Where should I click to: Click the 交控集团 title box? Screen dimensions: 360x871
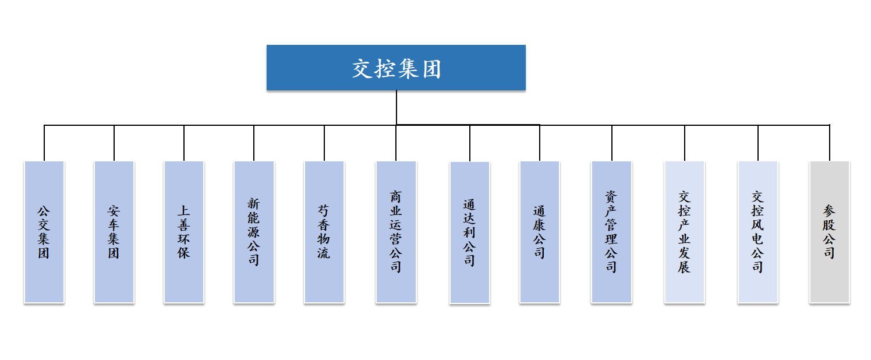coord(396,68)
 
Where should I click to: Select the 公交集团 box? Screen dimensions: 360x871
coord(44,232)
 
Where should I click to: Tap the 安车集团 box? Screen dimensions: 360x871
coord(114,232)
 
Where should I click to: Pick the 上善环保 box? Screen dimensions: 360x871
coord(184,232)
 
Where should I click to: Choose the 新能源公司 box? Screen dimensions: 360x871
coord(254,232)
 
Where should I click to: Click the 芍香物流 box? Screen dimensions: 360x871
coord(324,232)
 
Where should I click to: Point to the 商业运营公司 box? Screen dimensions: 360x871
coord(396,232)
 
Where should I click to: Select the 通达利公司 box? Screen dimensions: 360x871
coord(470,232)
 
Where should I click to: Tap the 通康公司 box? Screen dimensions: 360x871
coord(540,232)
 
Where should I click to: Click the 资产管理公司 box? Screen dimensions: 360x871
coord(611,232)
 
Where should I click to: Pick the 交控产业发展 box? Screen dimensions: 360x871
coord(685,232)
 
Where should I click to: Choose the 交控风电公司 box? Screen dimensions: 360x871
coord(757,232)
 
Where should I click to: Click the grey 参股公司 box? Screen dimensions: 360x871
coord(830,232)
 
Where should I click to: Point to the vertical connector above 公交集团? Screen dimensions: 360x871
coord(44,143)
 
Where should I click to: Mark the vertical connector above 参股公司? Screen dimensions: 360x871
coord(830,143)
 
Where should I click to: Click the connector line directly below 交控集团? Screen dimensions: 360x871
coord(396,107)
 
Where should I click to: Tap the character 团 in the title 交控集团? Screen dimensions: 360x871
coord(431,69)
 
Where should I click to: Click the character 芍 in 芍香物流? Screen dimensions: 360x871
coord(324,210)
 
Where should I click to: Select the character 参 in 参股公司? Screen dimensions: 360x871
coord(830,210)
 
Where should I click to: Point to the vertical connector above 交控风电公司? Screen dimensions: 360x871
coord(757,143)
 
